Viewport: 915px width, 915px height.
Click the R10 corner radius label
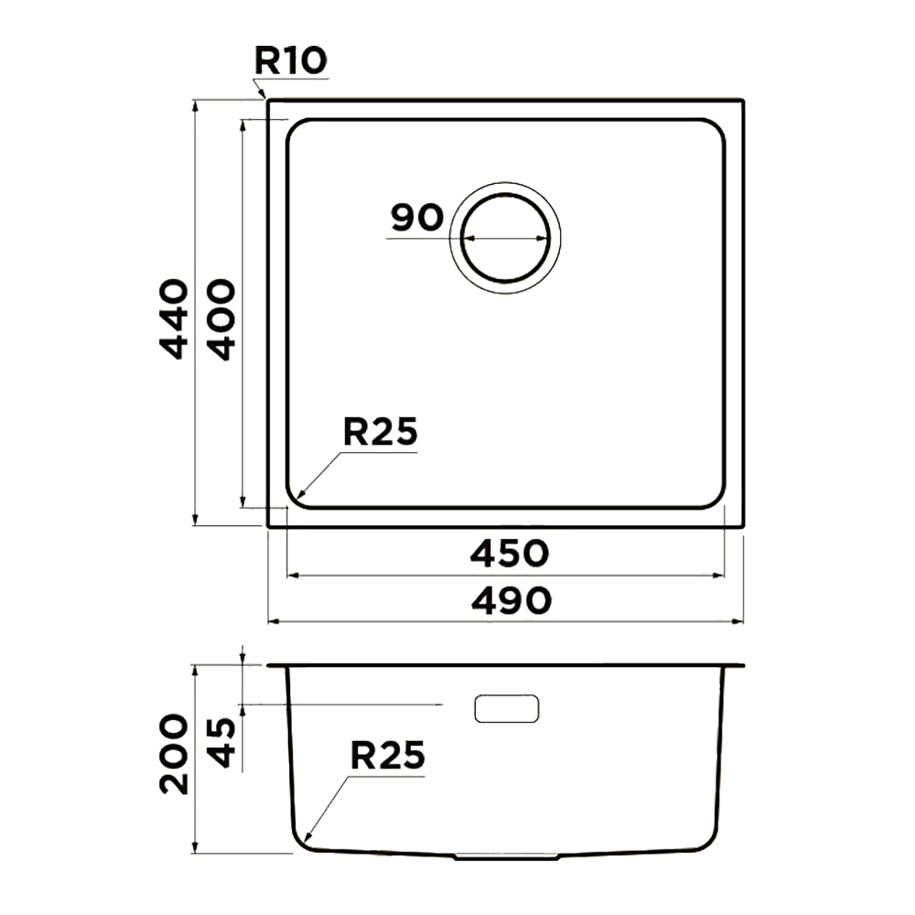click(x=291, y=60)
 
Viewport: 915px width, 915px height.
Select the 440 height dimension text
click(x=175, y=318)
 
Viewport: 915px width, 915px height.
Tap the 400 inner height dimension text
click(x=221, y=318)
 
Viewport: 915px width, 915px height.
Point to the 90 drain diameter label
click(x=417, y=218)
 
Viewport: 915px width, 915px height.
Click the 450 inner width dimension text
click(x=510, y=554)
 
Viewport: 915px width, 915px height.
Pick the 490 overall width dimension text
click(x=511, y=600)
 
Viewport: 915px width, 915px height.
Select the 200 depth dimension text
click(x=175, y=754)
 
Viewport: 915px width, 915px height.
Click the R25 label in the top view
click(x=381, y=432)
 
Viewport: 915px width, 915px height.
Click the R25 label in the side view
click(x=387, y=756)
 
